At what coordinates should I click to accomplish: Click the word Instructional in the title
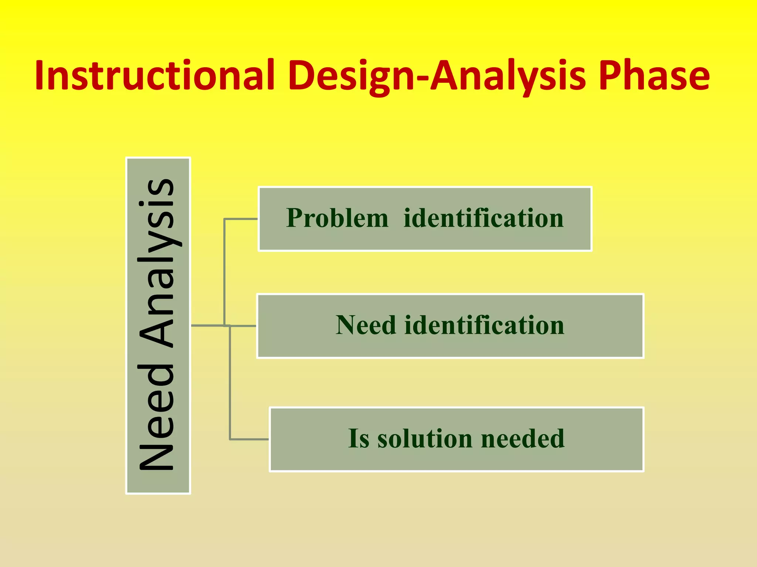[155, 76]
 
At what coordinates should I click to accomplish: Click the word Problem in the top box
[337, 218]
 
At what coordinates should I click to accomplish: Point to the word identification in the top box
[483, 218]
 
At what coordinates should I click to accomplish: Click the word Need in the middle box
[366, 325]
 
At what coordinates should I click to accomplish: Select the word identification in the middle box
[484, 325]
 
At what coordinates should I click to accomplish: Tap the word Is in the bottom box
[359, 439]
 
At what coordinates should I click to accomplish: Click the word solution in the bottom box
[425, 439]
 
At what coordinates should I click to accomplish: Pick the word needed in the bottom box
[523, 439]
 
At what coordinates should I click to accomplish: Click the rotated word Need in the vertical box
[157, 417]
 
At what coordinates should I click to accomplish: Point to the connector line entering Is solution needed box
[249, 439]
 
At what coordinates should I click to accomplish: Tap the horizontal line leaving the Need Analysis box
[207, 326]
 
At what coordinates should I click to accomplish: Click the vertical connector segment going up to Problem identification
[224, 273]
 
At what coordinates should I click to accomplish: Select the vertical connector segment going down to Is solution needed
[230, 384]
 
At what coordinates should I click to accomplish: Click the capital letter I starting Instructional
[40, 76]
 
